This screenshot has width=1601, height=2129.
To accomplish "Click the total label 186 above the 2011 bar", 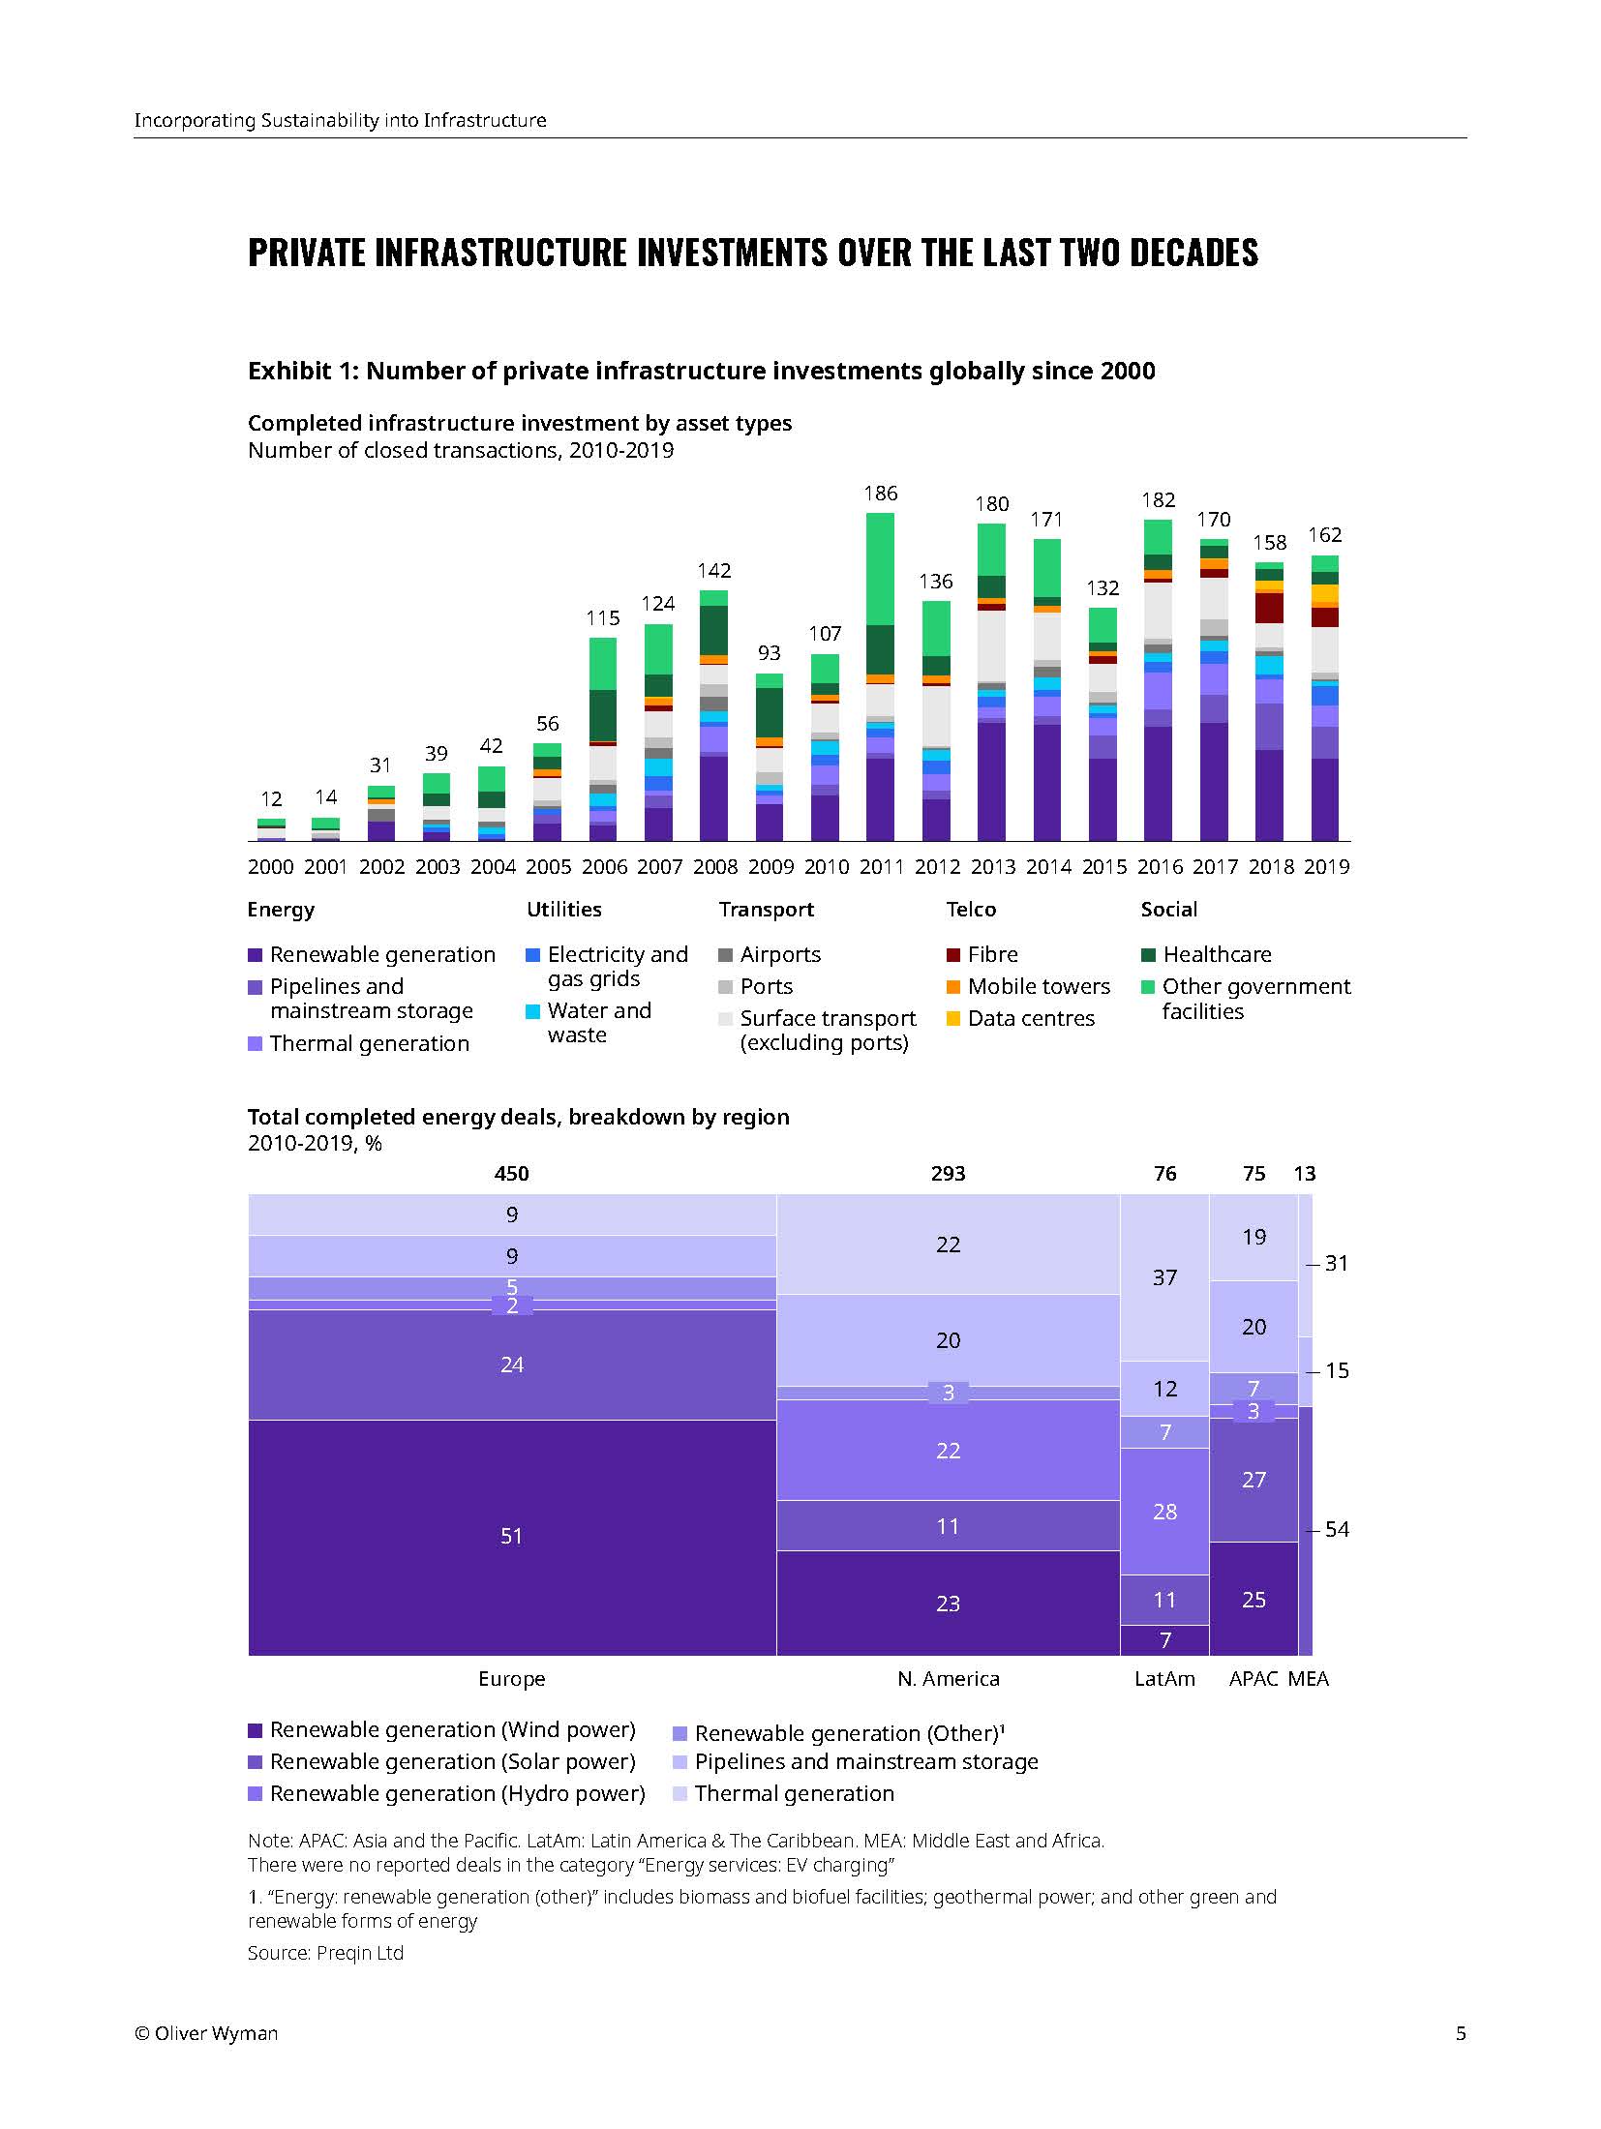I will [880, 494].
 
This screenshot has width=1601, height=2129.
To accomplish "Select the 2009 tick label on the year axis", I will [770, 867].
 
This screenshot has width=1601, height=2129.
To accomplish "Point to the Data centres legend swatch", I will [953, 1018].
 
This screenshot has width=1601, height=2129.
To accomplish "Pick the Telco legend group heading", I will [971, 910].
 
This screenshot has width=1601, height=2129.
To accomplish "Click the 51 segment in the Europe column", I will [511, 1536].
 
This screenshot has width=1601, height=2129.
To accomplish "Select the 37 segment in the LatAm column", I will [1164, 1277].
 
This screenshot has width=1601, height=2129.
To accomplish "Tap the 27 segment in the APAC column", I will [1254, 1480].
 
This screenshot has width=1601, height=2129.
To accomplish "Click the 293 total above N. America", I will [948, 1174].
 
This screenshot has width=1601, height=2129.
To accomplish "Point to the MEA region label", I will [1309, 1679].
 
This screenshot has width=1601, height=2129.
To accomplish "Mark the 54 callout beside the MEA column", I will [1337, 1529].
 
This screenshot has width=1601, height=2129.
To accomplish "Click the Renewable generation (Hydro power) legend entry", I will [457, 1793].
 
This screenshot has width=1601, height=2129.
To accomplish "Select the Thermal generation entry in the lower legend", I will [794, 1793].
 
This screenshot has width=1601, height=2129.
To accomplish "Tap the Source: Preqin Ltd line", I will [325, 1953].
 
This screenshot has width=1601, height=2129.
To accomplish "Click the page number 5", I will [1461, 2033].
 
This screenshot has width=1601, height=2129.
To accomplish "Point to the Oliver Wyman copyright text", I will [206, 2033].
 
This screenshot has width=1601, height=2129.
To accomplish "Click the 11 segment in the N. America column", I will [948, 1526].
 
